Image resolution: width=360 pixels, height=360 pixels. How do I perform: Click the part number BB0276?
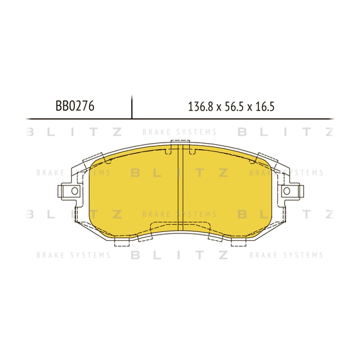75,106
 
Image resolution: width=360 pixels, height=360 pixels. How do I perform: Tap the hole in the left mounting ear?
75,191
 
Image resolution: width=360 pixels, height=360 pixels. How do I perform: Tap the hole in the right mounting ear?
287,191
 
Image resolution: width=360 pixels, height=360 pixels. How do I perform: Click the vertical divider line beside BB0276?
132,107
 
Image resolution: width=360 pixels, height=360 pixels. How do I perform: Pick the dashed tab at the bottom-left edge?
121,242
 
